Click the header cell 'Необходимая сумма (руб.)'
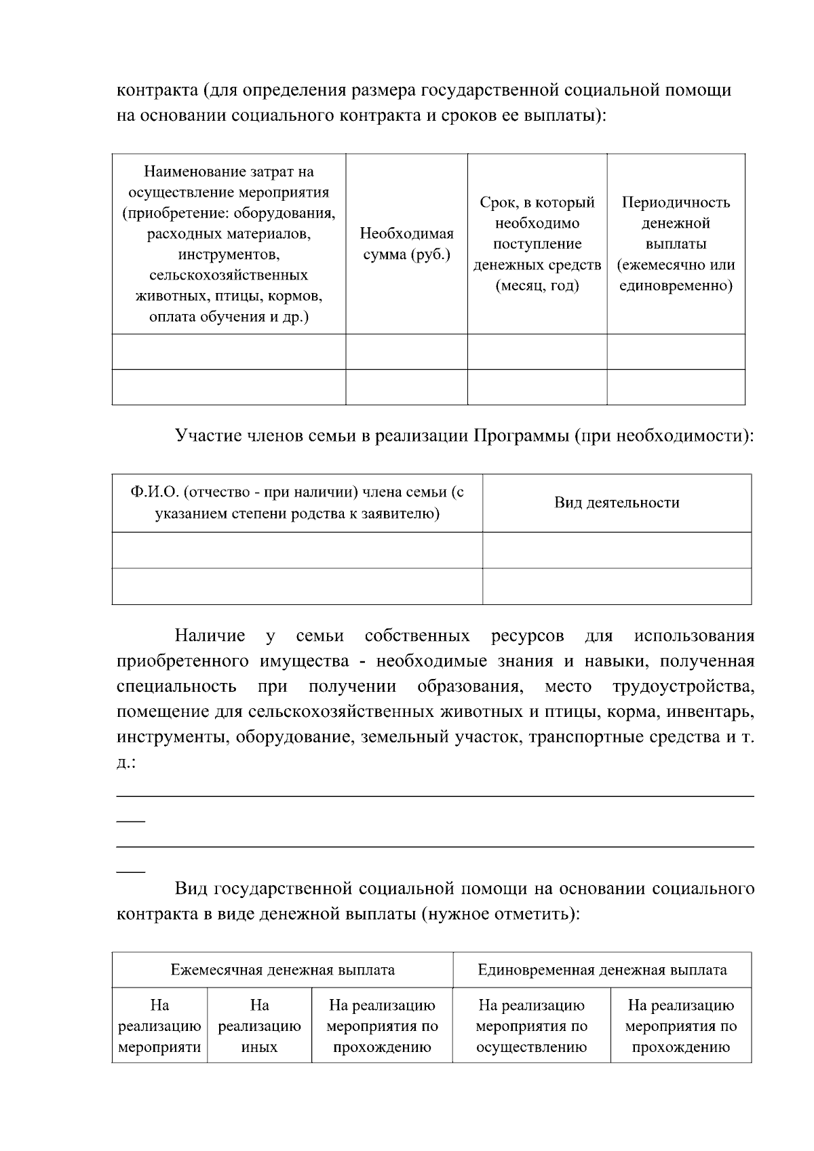(406, 244)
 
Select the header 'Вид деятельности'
(617, 503)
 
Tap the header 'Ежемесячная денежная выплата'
(282, 970)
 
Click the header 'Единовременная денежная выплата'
(602, 970)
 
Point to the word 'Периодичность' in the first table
(676, 202)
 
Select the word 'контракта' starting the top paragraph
(157, 90)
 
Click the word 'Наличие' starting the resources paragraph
(210, 636)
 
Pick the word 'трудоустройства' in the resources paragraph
(683, 686)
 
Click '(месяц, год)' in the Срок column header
(537, 286)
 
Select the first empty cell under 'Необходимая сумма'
(406, 351)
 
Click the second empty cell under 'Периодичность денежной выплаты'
(676, 387)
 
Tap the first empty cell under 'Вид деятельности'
(617, 550)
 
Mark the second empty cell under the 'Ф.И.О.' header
(297, 586)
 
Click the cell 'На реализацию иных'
(259, 1026)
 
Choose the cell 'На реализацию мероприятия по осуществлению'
(531, 1026)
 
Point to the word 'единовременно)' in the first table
(676, 286)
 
